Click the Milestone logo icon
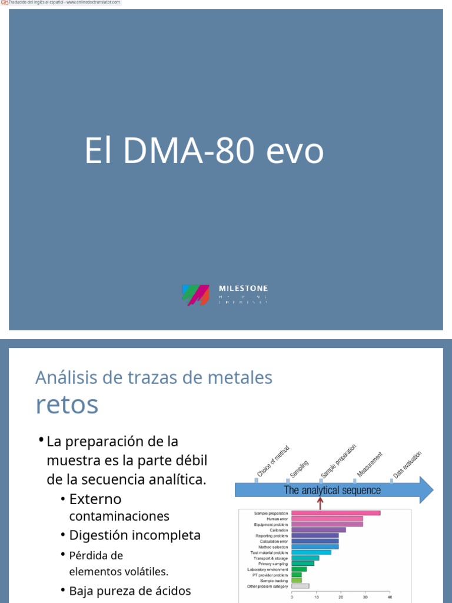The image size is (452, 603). [196, 294]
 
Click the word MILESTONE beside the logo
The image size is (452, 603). [243, 289]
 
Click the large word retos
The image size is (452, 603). [67, 405]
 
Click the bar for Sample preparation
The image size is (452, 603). [335, 513]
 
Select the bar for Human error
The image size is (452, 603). [327, 519]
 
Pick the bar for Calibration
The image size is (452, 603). [318, 530]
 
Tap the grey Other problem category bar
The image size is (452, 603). [300, 586]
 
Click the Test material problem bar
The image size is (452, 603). [311, 552]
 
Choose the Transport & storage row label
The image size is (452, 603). [271, 558]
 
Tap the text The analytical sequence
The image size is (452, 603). [332, 490]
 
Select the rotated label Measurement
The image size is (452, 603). [370, 464]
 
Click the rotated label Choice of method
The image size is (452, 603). [272, 461]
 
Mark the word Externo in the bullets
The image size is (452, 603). [95, 499]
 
